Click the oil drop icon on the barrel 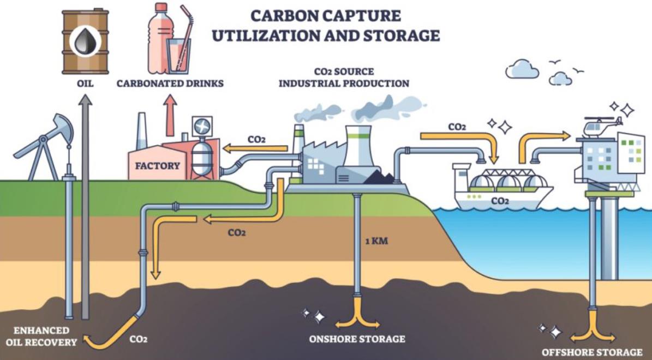coord(85,41)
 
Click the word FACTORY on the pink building coord(158,166)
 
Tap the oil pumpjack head coord(62,127)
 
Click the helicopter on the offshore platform coord(600,126)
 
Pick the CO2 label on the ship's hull coord(500,201)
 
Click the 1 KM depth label coord(376,241)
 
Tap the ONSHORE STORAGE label coord(357,339)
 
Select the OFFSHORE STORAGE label coord(592,352)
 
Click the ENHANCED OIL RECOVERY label coord(41,337)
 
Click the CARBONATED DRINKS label coord(170,83)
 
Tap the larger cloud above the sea coord(522,69)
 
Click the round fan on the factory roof coord(202,125)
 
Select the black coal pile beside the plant coord(379,178)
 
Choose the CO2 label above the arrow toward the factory coord(256,140)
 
